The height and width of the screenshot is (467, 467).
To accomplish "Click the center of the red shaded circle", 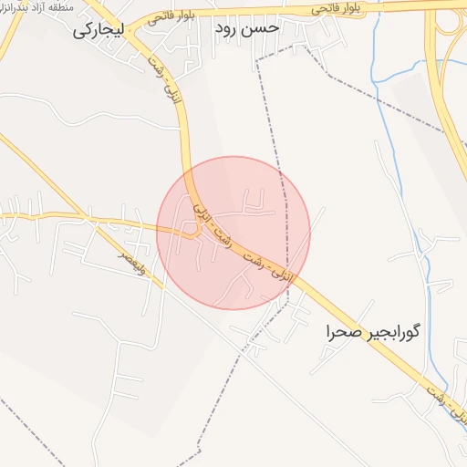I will tap(233, 233).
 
